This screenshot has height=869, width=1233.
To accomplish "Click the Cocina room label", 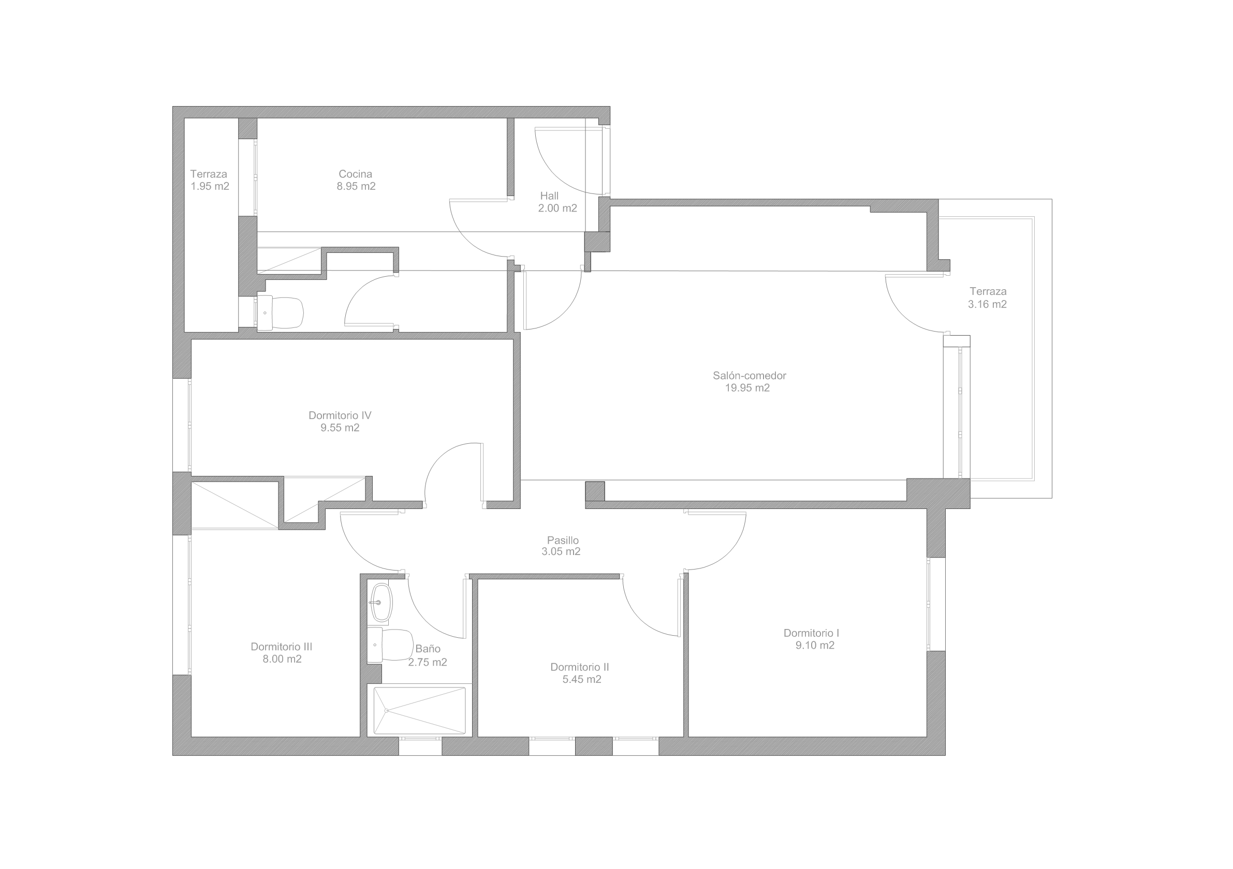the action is click(355, 174).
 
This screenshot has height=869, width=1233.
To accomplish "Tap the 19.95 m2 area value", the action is click(747, 388).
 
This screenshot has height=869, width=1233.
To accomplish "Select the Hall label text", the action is click(549, 196).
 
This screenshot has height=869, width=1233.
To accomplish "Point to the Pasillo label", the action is click(563, 540).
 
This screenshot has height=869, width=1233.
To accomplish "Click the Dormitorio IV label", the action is click(340, 415).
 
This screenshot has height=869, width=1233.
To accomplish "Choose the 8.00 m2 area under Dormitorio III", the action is click(282, 659).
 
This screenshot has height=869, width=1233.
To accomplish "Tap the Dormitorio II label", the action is click(579, 667).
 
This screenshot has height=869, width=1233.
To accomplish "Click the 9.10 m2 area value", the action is click(815, 646).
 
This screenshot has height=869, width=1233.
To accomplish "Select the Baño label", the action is click(428, 649).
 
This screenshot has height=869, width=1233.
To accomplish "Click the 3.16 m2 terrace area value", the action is click(987, 304).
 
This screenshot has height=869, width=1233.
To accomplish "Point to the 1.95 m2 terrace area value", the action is click(210, 186).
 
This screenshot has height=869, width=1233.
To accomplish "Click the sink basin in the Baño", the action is click(381, 603).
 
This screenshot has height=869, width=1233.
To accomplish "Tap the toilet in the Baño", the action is click(390, 645).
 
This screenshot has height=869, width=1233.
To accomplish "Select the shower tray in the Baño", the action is click(419, 710).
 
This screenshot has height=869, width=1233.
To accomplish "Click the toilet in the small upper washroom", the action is click(281, 312).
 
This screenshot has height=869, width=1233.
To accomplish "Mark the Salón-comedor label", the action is click(749, 376).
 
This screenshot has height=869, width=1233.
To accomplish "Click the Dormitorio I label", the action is click(811, 633).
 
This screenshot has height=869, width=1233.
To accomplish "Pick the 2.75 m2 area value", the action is click(428, 662).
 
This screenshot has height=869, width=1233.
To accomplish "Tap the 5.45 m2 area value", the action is click(582, 680).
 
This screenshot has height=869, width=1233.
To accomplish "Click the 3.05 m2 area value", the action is click(561, 551).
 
